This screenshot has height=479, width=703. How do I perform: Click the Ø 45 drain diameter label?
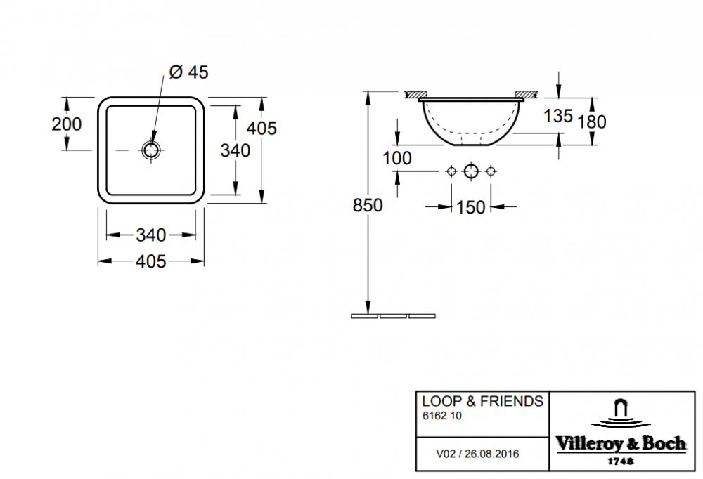pyautogui.click(x=188, y=72)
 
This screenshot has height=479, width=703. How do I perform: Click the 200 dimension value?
pyautogui.click(x=67, y=124)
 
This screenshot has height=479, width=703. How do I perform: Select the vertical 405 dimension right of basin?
pyautogui.click(x=262, y=128)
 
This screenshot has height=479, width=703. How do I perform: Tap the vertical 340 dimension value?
pyautogui.click(x=236, y=150)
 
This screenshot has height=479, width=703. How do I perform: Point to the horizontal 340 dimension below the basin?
pyautogui.click(x=151, y=235)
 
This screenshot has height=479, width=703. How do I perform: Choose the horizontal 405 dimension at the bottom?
pyautogui.click(x=151, y=261)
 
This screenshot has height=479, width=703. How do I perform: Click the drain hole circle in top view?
pyautogui.click(x=151, y=150)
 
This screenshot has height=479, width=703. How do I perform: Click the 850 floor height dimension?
pyautogui.click(x=368, y=205)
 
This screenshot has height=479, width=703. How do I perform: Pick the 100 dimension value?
pyautogui.click(x=396, y=158)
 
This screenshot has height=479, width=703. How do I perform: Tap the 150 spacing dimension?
pyautogui.click(x=471, y=207)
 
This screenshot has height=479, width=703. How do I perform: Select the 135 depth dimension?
pyautogui.click(x=558, y=116)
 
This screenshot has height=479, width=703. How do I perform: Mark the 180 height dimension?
pyautogui.click(x=592, y=122)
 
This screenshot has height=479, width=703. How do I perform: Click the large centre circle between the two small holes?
pyautogui.click(x=471, y=171)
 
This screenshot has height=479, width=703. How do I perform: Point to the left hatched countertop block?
pyautogui.click(x=415, y=94)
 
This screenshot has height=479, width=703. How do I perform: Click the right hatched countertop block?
pyautogui.click(x=526, y=94)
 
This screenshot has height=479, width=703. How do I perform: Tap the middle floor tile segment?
pyautogui.click(x=393, y=316)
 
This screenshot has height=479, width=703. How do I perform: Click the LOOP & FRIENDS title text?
pyautogui.click(x=482, y=401)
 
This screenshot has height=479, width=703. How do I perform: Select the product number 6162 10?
pyautogui.click(x=442, y=416)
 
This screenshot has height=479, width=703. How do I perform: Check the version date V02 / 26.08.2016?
pyautogui.click(x=477, y=454)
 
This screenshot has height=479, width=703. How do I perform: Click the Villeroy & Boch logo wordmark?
pyautogui.click(x=621, y=444)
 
